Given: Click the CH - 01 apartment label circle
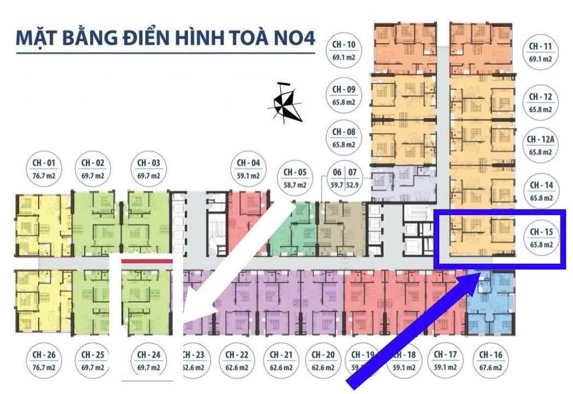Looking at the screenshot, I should tap(44, 169).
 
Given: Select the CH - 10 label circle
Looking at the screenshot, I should tap(344, 50).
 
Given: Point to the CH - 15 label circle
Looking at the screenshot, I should tap(541, 239).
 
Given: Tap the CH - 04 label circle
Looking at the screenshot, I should tap(249, 169).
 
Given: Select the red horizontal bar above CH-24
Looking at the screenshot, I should tap(147, 262).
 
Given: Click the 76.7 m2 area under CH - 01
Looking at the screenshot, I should tap(44, 176).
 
